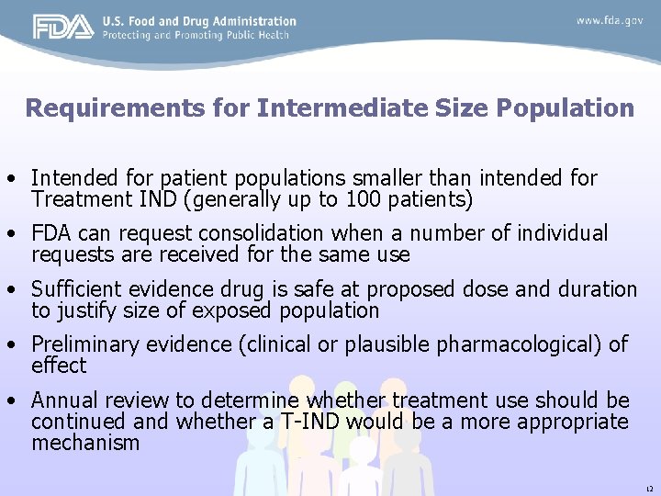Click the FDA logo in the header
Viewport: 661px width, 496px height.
point(63,28)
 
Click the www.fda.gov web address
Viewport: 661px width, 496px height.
point(610,20)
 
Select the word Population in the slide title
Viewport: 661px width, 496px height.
point(566,108)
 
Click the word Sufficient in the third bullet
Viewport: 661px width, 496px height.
point(72,289)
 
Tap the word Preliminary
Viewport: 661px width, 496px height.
point(85,344)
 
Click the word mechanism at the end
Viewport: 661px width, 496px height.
point(85,443)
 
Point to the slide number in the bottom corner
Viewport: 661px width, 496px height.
point(648,488)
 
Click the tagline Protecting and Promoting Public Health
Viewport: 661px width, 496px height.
point(196,35)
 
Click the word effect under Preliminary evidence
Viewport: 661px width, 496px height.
point(59,366)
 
